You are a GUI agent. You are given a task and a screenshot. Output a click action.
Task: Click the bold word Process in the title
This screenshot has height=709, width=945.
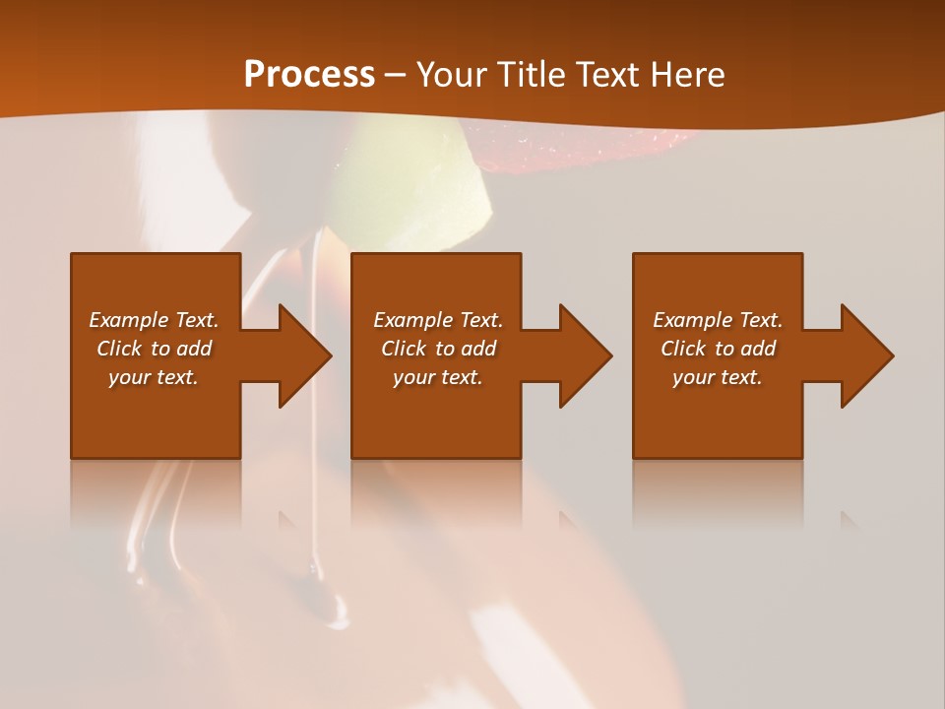pos(309,75)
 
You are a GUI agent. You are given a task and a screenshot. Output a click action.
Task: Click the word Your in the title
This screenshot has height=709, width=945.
pos(452,75)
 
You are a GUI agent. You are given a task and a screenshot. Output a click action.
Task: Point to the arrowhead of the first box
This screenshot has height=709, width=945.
pos(306,355)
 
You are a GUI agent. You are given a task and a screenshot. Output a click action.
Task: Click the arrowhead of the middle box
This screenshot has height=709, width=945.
pos(587,355)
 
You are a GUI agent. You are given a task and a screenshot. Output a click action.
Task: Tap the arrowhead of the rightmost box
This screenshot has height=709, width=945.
pos(868,355)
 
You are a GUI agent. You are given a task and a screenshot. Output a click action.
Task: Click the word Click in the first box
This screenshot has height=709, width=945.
pos(119,349)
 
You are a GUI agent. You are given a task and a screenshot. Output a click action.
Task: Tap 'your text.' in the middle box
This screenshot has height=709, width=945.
pos(437,377)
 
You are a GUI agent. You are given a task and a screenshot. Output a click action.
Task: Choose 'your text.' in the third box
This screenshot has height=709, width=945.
pos(717,377)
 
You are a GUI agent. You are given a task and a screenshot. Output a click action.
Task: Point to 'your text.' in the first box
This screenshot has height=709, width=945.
pos(153,377)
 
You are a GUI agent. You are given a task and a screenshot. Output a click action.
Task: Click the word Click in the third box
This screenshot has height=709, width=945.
pos(683,349)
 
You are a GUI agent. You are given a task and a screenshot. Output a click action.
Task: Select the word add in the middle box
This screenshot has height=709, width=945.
pos(478,349)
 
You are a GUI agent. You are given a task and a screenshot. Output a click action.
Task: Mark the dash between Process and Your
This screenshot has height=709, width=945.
pos(396,75)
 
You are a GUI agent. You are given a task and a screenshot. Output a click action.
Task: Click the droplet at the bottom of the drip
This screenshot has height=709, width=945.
pos(337,620)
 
